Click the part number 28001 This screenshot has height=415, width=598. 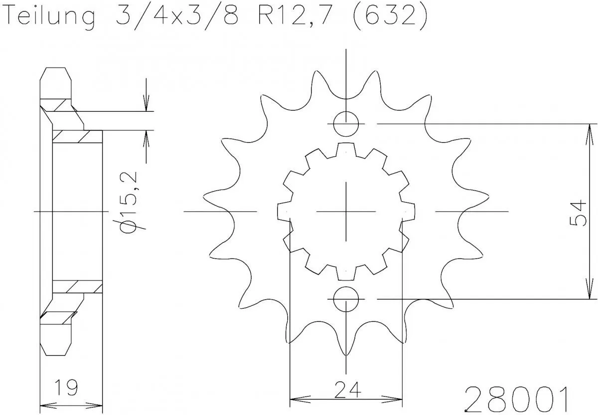[x=516, y=398]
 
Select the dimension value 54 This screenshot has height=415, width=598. [x=577, y=211]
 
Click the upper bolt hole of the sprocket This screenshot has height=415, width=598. [x=345, y=123]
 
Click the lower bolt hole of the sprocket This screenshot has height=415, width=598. [x=345, y=299]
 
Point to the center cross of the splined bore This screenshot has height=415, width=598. [x=345, y=211]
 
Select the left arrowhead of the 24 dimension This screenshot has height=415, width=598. [x=294, y=399]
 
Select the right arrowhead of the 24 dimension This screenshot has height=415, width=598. [x=398, y=399]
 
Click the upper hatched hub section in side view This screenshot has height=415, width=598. [x=77, y=136]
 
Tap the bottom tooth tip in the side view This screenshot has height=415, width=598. [x=55, y=349]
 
